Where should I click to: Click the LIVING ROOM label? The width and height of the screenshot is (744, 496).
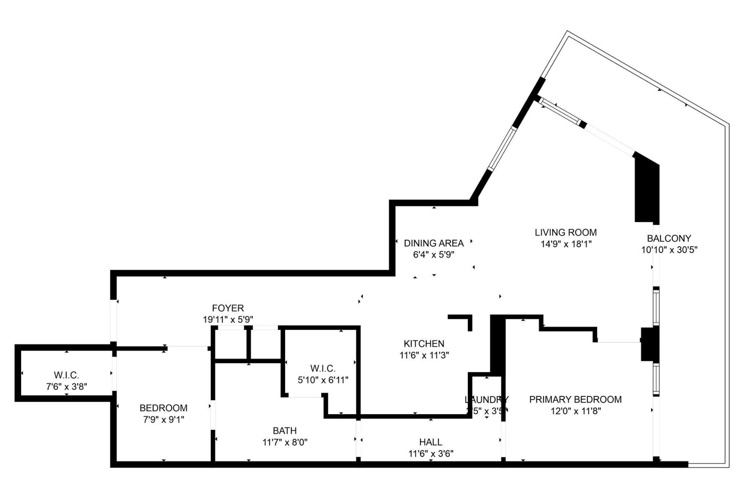565,232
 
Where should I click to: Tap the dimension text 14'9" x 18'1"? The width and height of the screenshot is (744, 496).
566,244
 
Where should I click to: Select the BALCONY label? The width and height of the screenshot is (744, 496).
669,238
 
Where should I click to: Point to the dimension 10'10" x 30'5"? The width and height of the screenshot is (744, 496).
669,250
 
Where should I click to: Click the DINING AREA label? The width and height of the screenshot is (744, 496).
434,243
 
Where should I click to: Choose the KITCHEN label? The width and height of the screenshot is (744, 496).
424,343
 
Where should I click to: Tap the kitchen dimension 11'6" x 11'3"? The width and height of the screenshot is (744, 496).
424,355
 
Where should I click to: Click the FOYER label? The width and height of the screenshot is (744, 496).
228,308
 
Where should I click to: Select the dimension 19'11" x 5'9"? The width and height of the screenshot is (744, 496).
228,319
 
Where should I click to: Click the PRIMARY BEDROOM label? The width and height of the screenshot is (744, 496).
575,399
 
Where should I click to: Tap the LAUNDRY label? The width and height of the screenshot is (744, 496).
486,400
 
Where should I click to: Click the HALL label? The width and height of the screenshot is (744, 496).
431,442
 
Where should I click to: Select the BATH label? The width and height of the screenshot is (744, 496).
284,431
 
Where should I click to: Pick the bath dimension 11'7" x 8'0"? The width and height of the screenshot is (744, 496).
285,442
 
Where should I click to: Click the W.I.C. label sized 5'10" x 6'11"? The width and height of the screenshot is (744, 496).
323,368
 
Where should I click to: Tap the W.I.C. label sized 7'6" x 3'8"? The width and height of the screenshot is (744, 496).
66,375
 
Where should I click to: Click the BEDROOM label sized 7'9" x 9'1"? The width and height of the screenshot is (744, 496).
163,408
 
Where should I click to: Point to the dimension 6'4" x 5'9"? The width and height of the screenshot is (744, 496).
434,255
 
